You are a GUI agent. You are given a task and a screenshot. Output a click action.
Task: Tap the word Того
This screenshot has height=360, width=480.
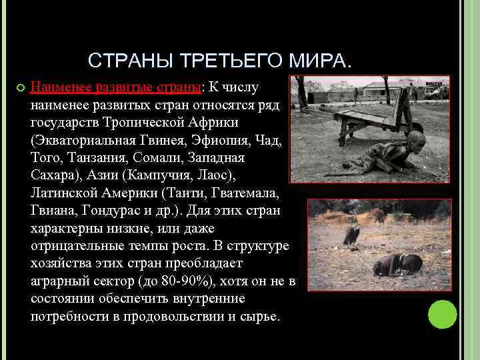[46, 158]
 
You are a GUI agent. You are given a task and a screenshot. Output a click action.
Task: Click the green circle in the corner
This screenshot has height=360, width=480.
[442, 315]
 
